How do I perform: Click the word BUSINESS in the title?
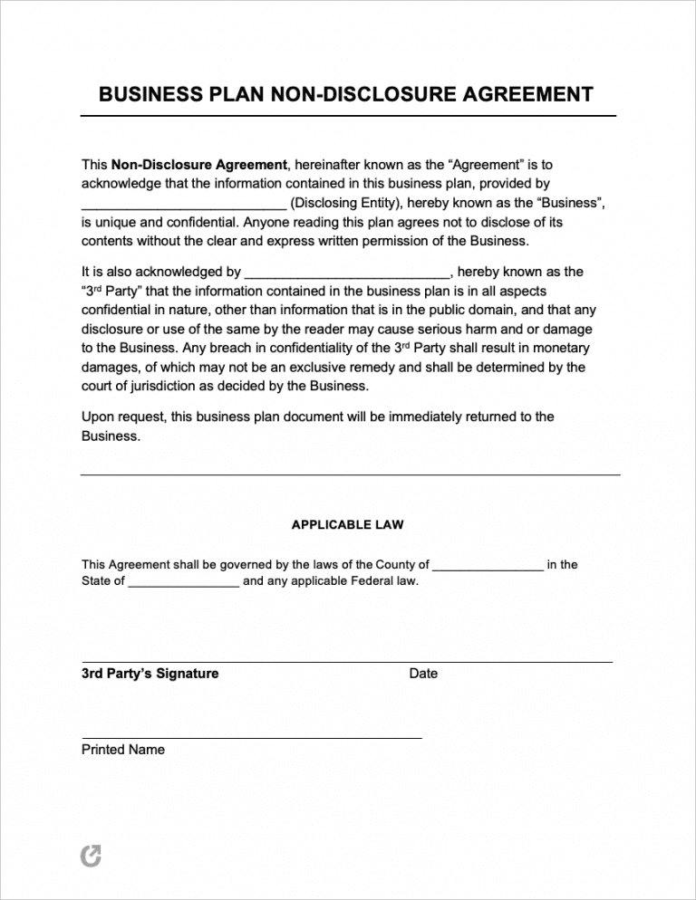coord(141,94)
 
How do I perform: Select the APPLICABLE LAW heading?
coord(347,524)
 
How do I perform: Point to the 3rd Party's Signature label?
coord(150,674)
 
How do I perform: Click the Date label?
coord(423,674)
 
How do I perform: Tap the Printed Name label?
coord(123,750)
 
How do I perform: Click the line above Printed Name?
coord(252,738)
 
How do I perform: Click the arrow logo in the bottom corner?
coord(92,856)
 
